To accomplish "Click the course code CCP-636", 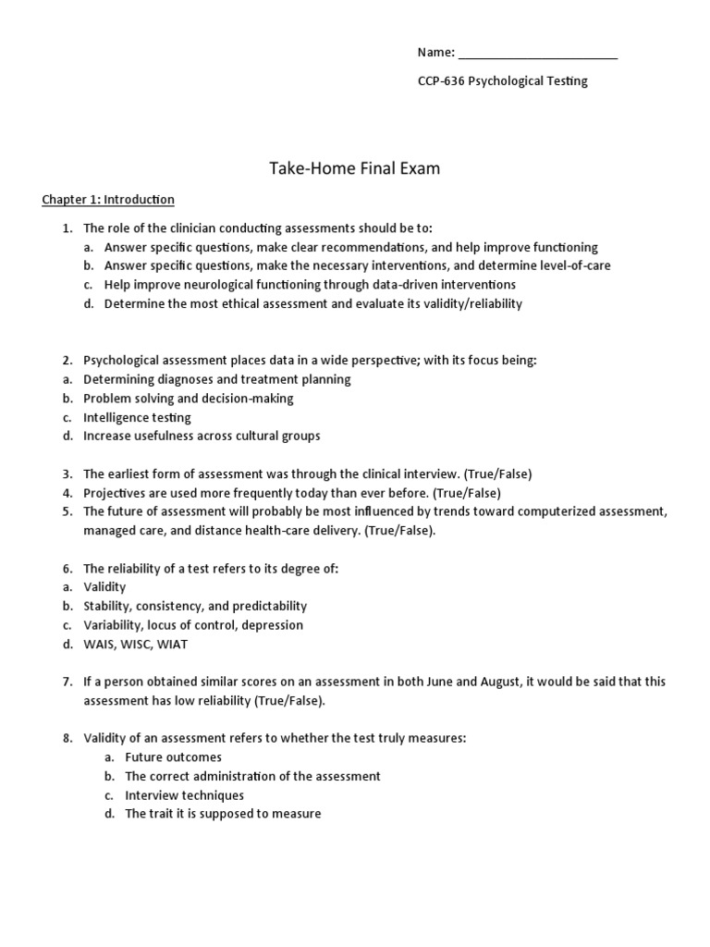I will tap(442, 81).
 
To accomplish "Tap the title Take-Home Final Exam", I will tap(355, 168).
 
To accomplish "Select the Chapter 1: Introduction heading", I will tap(108, 200).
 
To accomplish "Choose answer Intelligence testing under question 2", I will tap(137, 417).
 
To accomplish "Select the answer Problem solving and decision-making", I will tap(188, 399).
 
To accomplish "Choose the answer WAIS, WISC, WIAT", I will tap(135, 645).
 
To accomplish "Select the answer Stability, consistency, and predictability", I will tap(194, 607).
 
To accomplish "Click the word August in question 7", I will tap(500, 682).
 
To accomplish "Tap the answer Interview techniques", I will tap(184, 795).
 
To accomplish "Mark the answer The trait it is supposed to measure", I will tap(223, 815).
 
